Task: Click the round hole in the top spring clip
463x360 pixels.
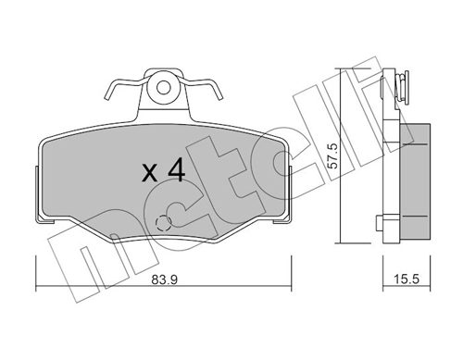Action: [x=165, y=89]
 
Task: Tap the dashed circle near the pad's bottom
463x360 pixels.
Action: [x=165, y=223]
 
